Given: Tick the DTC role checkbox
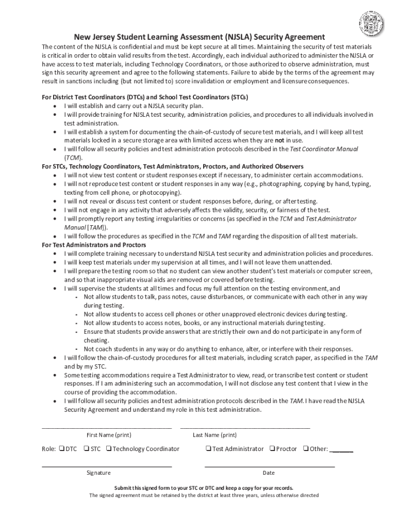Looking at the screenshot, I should [61, 448].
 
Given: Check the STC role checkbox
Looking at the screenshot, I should [86, 448].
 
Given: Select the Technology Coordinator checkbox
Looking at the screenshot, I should [109, 448].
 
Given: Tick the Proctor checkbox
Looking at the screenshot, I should [272, 448].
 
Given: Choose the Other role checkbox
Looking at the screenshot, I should [306, 448].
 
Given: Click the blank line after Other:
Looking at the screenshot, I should [341, 450].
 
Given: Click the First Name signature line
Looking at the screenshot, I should [106, 428].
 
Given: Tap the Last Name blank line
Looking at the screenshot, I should [245, 428].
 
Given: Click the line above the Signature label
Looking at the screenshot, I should [106, 466].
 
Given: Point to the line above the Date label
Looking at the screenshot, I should [269, 466].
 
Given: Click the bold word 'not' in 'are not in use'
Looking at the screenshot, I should [279, 140].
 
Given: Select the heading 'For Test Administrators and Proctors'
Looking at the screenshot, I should [94, 245].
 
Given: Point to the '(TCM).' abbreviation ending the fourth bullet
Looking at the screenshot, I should [73, 158].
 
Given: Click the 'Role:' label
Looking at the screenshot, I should [49, 449].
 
